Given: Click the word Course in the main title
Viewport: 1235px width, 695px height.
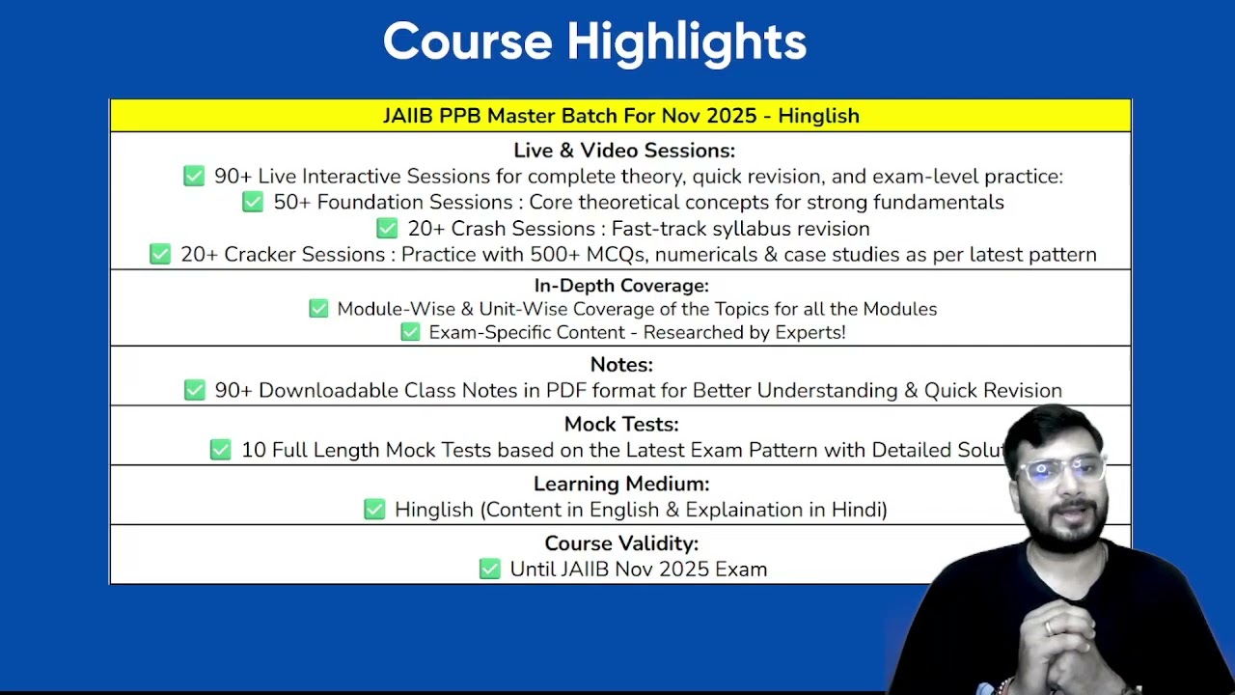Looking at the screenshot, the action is coord(468,42).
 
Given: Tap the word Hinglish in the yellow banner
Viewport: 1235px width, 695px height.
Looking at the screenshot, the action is coord(819,117).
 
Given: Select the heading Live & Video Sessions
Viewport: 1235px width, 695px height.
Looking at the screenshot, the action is coord(624,151).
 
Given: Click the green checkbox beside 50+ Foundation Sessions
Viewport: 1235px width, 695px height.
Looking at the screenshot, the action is coord(253,202).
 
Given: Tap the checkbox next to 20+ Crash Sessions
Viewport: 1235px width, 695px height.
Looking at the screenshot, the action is coord(387,229).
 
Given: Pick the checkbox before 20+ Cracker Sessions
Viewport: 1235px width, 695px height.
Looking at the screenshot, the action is coord(160,254).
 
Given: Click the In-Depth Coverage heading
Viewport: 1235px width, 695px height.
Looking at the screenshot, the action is coord(621,286).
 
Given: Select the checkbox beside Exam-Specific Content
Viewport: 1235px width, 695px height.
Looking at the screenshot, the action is coord(410,332).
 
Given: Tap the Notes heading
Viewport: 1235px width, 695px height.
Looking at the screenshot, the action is coord(621,365).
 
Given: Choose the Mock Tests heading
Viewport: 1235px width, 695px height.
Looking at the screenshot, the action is coord(621,424).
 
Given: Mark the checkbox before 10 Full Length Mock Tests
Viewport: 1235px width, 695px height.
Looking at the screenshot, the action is coord(221,450).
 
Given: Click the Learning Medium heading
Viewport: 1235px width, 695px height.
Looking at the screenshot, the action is coord(621,484).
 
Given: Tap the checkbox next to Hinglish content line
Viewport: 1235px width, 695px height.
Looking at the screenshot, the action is coord(374,509).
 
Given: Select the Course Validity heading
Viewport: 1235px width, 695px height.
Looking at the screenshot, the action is coord(621,543).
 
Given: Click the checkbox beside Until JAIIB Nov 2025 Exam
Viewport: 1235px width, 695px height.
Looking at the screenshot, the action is coord(489,569).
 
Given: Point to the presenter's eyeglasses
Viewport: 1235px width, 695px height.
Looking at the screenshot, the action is coord(1061,470).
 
